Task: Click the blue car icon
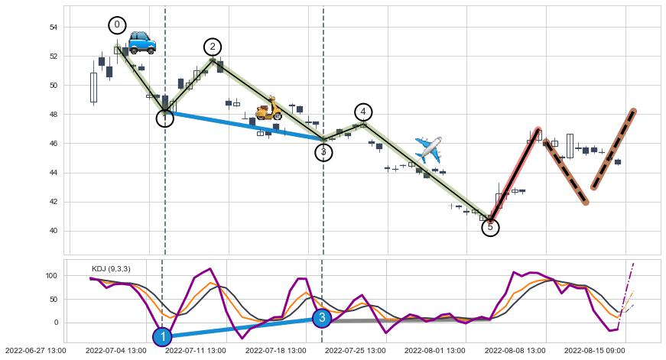141,42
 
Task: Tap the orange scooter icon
268,109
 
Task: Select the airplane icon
428,148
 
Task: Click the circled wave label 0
117,25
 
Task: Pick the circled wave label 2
213,47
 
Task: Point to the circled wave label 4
363,112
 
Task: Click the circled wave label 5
491,227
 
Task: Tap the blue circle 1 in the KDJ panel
162,336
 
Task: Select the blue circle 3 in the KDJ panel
322,317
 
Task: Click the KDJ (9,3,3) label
111,268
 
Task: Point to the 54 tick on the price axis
54,28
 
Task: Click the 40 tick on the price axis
54,231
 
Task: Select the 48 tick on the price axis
54,115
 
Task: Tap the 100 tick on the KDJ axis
52,275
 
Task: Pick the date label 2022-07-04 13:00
115,351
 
